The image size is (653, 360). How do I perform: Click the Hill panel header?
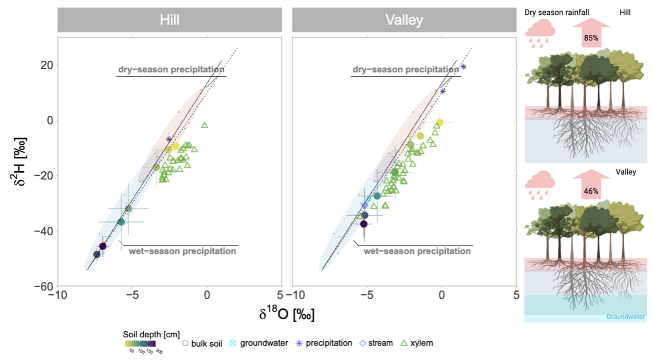point(169,20)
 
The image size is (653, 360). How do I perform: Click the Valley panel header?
point(404,20)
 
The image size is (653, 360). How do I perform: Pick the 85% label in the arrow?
point(589,39)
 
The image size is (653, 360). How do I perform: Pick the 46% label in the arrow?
point(589,192)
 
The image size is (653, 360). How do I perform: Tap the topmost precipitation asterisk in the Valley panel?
point(464,67)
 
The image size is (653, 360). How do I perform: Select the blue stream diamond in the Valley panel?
point(365,205)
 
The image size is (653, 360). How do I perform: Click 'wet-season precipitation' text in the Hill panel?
point(182,251)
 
